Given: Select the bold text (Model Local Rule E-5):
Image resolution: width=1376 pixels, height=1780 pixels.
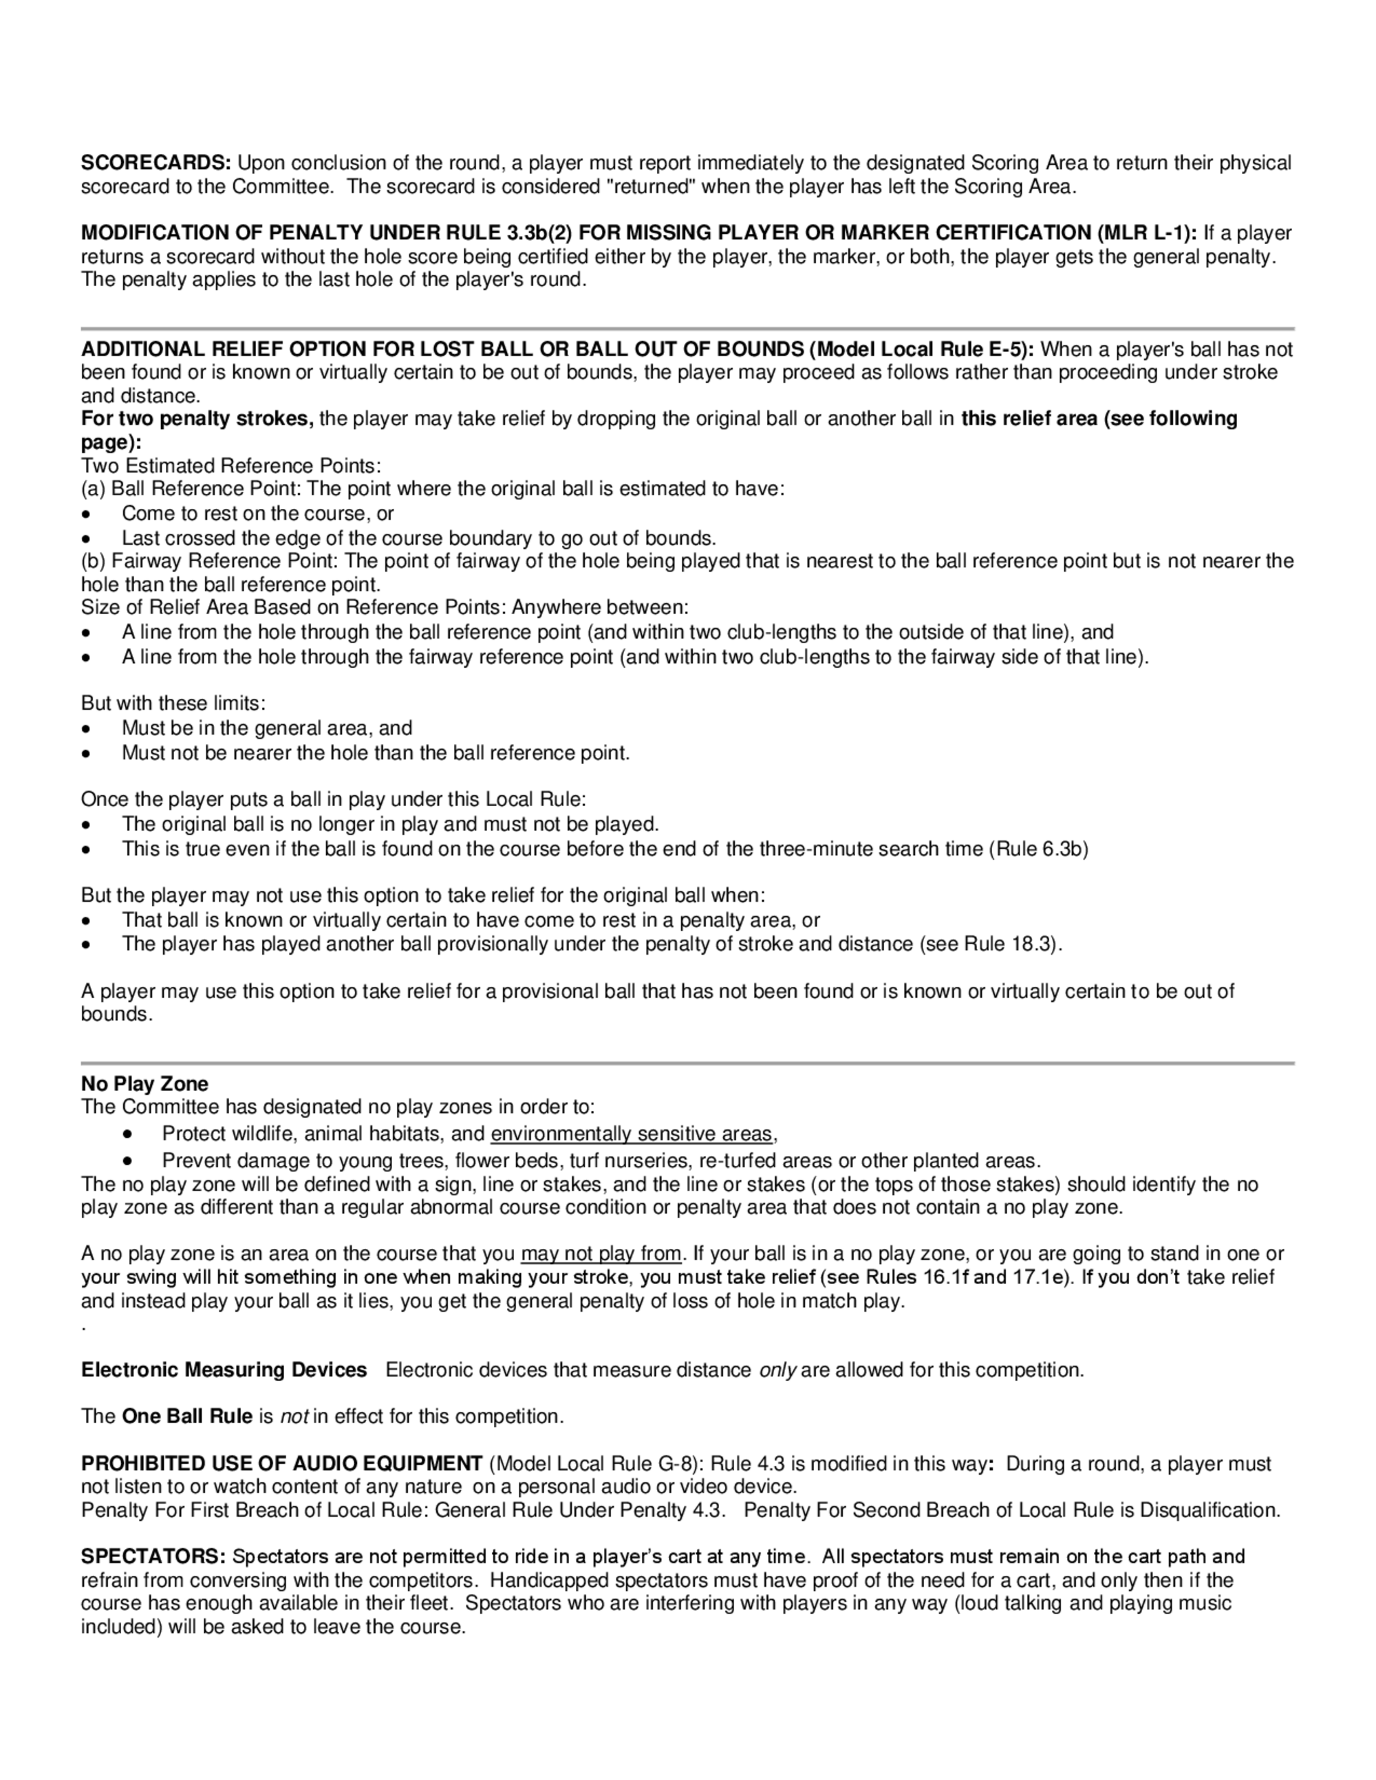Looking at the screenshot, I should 921,349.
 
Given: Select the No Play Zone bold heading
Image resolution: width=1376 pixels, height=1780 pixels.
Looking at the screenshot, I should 144,1084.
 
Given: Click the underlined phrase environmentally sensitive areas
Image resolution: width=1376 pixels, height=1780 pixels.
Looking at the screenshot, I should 631,1133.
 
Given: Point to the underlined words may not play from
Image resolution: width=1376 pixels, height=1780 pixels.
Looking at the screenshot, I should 601,1254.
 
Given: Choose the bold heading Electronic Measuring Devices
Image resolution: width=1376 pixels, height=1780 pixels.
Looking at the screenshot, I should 224,1370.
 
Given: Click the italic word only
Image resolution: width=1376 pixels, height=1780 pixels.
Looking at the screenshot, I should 777,1370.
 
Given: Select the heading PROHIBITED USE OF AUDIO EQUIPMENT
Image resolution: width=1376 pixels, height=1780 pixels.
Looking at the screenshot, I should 281,1464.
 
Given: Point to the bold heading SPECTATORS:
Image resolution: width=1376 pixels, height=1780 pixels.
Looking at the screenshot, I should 153,1556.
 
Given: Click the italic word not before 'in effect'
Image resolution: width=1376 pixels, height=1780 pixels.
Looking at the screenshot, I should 294,1416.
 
